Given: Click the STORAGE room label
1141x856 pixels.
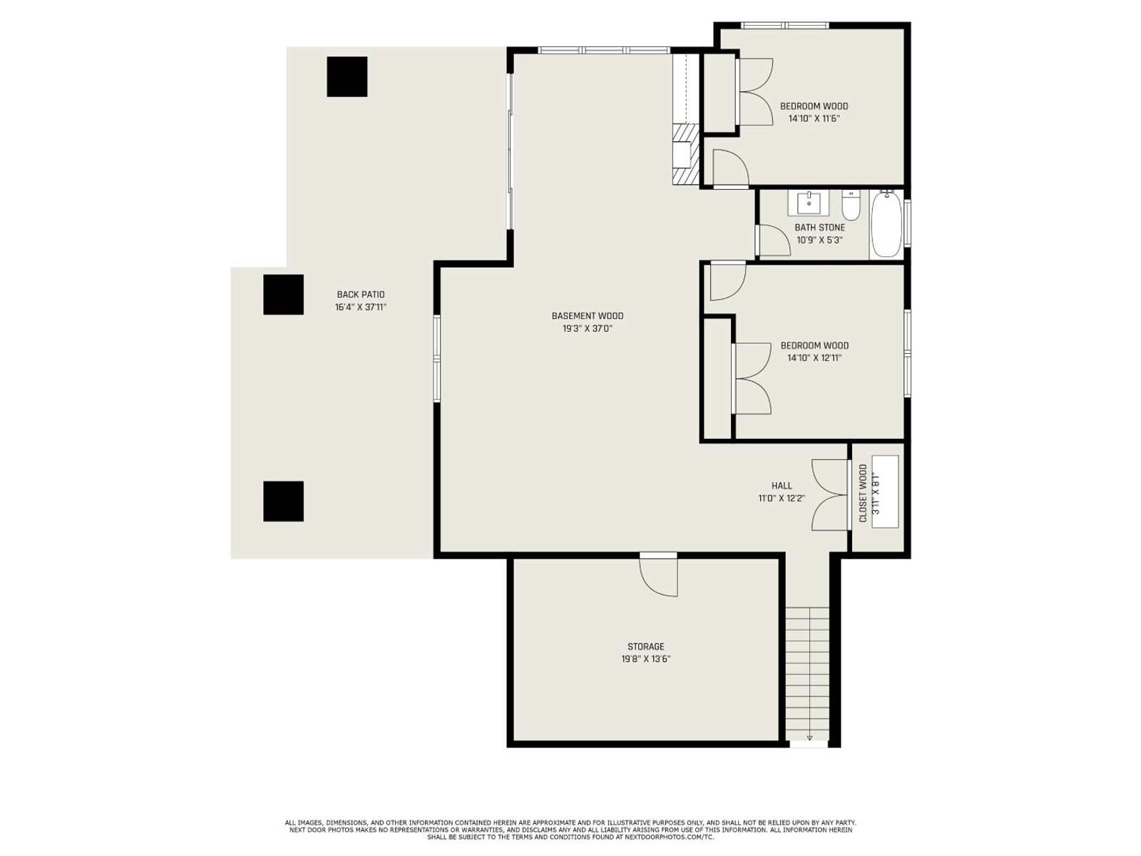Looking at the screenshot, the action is tap(645, 646).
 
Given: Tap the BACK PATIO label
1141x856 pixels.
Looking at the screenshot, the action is tap(361, 295).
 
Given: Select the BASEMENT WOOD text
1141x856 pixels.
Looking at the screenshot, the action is tap(588, 315).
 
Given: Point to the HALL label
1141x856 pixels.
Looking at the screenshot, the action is tap(782, 486).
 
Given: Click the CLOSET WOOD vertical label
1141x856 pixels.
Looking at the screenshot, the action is tap(863, 493).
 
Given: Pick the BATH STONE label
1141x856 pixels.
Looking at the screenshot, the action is tap(820, 227).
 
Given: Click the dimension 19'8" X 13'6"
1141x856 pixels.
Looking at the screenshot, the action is tap(645, 659).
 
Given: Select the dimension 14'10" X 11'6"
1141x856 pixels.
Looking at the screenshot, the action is tap(814, 118).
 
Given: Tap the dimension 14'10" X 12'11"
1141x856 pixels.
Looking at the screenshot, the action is tap(814, 357).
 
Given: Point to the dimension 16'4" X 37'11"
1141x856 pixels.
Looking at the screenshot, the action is tap(361, 307).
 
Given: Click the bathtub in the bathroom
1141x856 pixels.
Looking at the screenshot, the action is tap(887, 224).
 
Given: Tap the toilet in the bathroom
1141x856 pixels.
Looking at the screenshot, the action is tap(851, 205).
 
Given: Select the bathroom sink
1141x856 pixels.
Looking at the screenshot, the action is tap(809, 203).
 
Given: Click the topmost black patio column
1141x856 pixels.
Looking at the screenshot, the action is tap(347, 76).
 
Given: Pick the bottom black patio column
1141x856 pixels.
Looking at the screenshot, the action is tap(283, 501).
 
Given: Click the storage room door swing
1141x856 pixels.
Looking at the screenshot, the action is tap(659, 576).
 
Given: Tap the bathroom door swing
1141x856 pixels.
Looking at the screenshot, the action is tap(774, 240).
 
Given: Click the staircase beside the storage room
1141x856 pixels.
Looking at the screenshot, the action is tap(807, 673).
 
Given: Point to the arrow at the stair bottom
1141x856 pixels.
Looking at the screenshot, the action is tap(809, 737).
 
